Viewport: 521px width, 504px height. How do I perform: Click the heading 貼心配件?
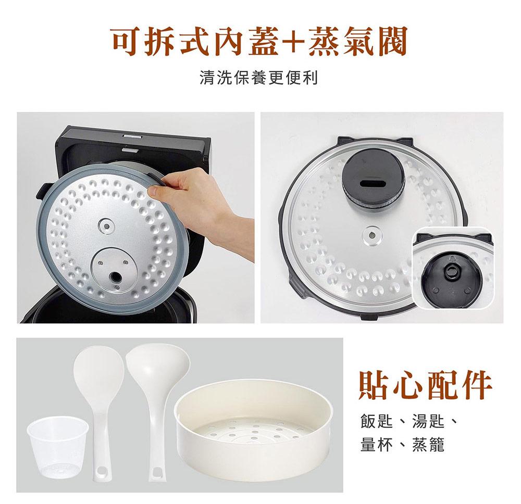coord(425,385)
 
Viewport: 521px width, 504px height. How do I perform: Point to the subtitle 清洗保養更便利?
coord(259,78)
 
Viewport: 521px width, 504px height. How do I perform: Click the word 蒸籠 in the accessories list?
coord(428,445)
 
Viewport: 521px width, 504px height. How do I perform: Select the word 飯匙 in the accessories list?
coord(377,422)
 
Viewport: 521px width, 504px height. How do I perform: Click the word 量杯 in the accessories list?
coord(377,445)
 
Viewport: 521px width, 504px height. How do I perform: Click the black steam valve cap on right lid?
coord(373,179)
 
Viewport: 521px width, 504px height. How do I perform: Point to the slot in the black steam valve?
coord(372,183)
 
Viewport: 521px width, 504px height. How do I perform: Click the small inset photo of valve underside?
coord(453,268)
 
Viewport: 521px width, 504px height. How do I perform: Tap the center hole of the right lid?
coord(372,235)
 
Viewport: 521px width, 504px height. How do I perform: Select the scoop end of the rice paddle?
coord(99,370)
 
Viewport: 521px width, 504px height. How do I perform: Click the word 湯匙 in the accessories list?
coord(428,422)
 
